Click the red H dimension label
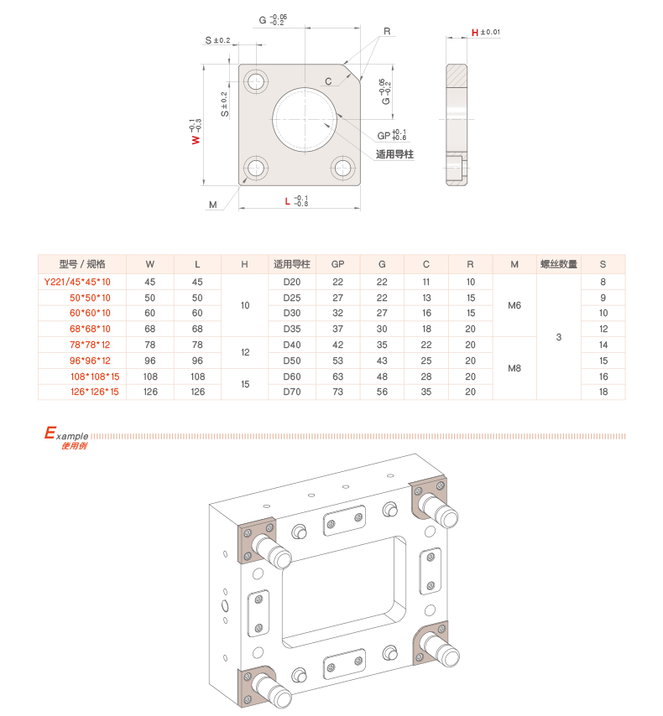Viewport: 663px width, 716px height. point(475,33)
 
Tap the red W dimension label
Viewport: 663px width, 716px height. point(196,139)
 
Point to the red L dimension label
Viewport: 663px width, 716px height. point(287,201)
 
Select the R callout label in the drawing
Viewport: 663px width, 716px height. point(387,31)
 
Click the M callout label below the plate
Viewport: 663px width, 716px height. point(212,205)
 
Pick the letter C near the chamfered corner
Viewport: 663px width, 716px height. point(328,81)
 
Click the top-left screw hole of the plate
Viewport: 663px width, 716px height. point(256,81)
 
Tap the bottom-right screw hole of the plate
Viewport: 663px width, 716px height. point(343,168)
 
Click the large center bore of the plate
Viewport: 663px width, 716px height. point(305,120)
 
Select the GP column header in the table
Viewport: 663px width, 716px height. point(337,264)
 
